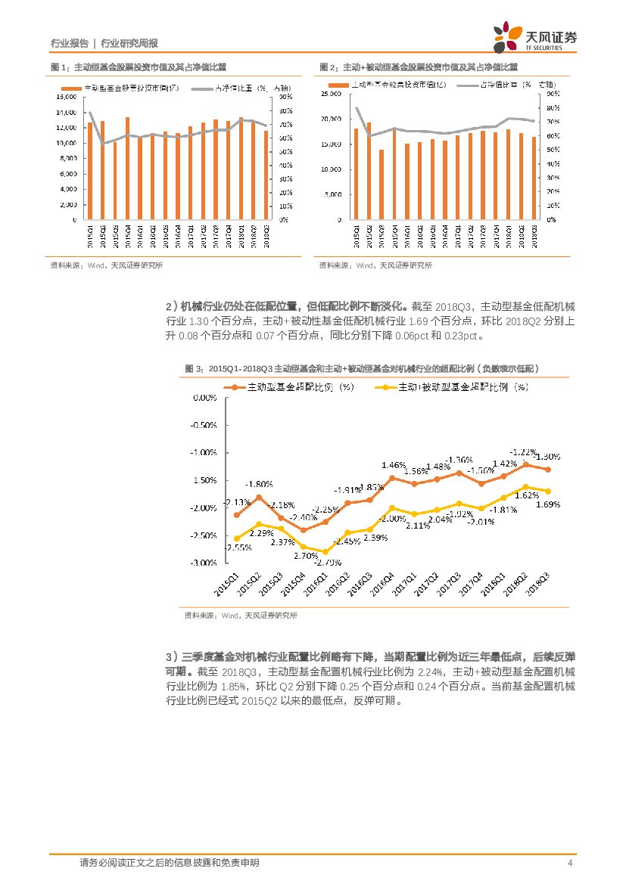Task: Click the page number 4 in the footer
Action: point(570,862)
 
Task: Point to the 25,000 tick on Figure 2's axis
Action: point(332,94)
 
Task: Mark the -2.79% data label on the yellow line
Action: point(326,561)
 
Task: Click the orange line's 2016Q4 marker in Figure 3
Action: point(392,478)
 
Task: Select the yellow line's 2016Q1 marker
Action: point(325,551)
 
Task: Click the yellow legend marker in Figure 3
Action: point(386,387)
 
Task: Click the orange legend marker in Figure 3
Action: point(234,387)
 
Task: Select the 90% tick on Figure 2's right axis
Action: point(553,94)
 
